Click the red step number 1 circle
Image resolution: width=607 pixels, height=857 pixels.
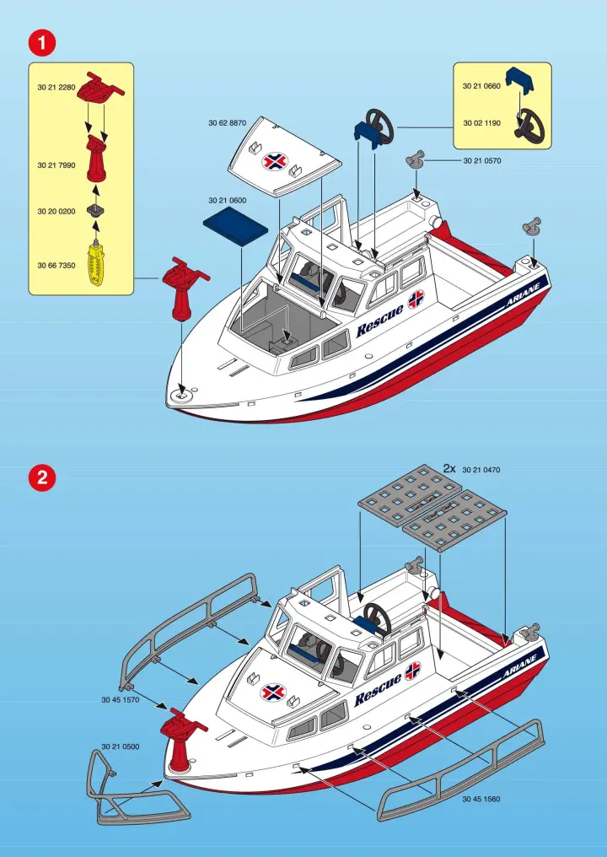click(42, 43)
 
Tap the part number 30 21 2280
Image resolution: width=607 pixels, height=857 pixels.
click(56, 88)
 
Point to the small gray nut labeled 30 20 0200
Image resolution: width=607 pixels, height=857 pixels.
click(96, 210)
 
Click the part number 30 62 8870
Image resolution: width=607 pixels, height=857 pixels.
click(228, 123)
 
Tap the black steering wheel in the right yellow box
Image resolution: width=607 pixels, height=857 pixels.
click(529, 123)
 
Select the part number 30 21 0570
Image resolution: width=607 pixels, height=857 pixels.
click(482, 160)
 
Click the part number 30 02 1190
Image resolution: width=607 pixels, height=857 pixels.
click(482, 123)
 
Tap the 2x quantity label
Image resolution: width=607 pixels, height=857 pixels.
click(449, 468)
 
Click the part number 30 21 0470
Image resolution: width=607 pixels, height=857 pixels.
click(481, 470)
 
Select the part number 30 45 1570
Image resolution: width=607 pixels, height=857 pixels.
click(121, 699)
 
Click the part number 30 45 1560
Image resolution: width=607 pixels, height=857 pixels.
click(481, 799)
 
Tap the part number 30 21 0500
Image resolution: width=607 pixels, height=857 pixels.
click(121, 747)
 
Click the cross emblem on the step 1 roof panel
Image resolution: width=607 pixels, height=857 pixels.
click(276, 161)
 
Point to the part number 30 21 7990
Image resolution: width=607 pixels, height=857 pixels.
click(56, 165)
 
